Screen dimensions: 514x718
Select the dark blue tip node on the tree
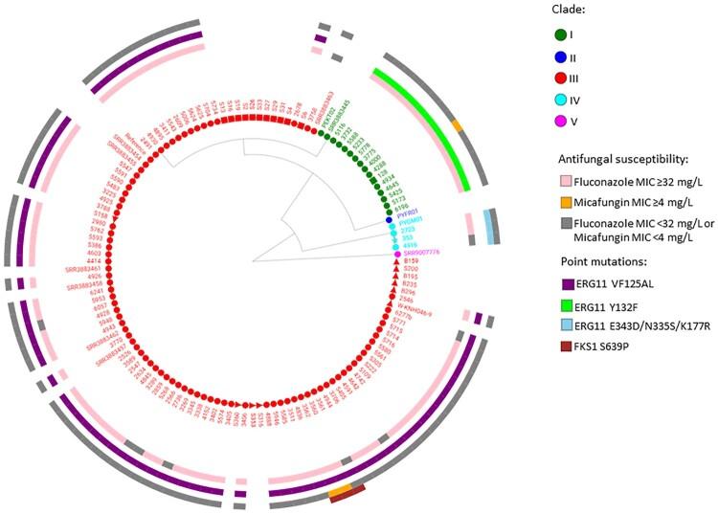[x=390, y=219]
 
